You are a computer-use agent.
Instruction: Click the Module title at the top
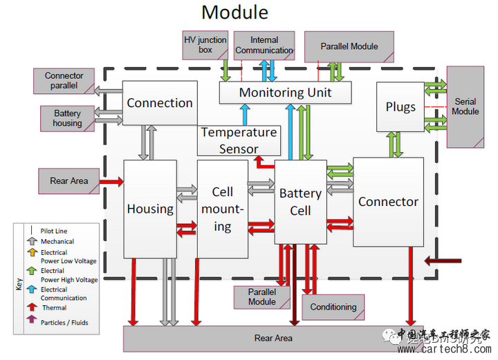[234, 12]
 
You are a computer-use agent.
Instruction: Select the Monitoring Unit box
[285, 92]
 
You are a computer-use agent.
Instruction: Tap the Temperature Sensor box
[239, 140]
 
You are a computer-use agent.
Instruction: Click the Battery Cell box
[300, 202]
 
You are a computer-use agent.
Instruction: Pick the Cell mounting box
[222, 209]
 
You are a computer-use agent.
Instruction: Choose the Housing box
[150, 209]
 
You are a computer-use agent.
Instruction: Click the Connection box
[160, 103]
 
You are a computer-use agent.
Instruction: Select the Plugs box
[400, 106]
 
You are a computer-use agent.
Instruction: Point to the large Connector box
[388, 202]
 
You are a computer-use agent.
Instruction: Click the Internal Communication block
[264, 45]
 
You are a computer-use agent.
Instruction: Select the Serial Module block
[465, 106]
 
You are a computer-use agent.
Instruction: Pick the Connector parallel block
[64, 81]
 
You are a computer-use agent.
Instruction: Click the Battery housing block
[67, 118]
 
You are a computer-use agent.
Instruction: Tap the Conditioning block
[333, 307]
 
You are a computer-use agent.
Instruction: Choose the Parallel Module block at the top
[349, 46]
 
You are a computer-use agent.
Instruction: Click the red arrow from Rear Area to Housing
[111, 182]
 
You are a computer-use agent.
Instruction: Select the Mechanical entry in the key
[57, 242]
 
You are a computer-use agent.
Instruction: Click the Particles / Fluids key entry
[64, 323]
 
